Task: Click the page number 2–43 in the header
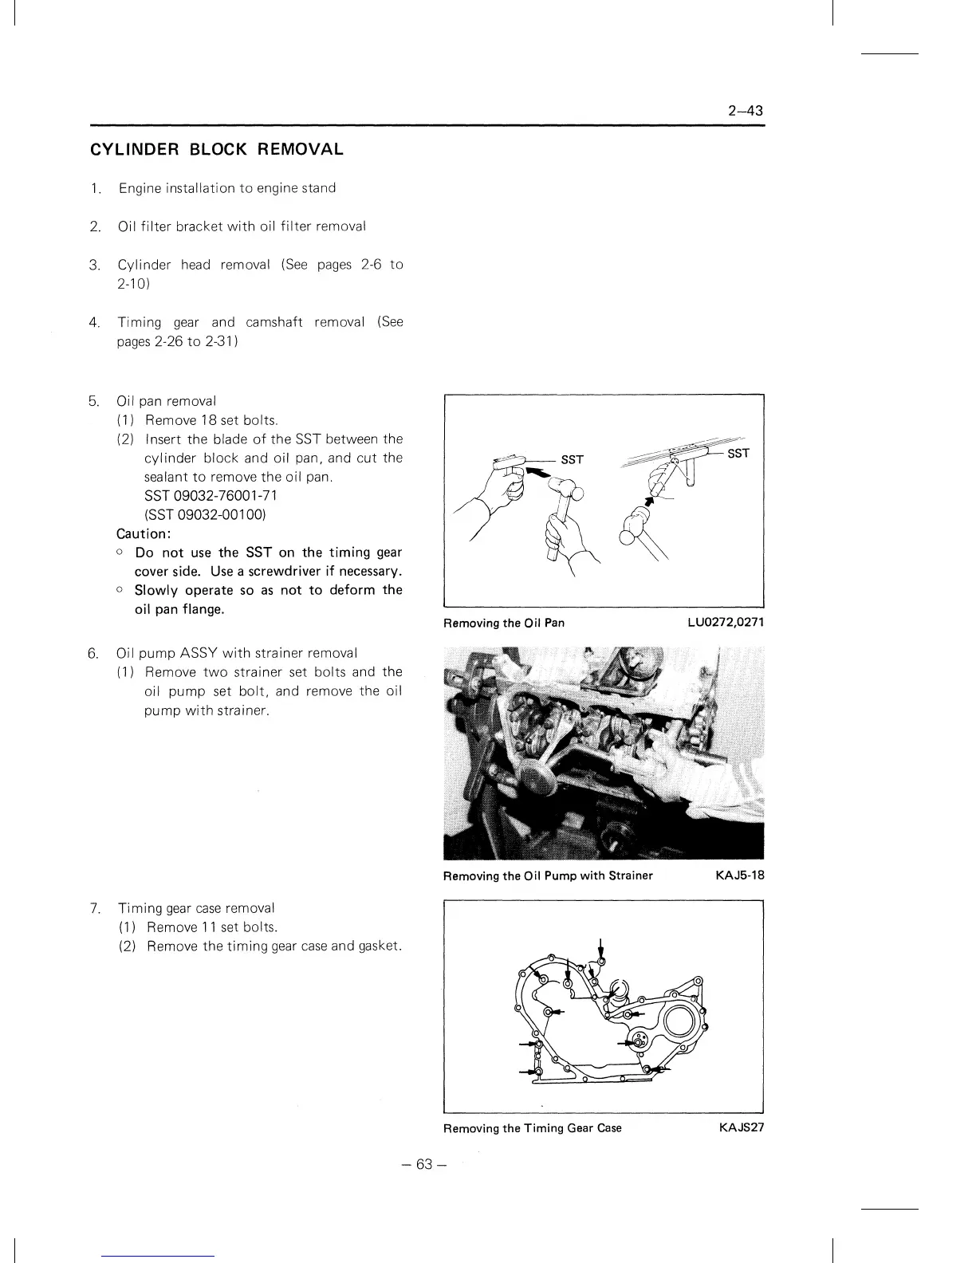(746, 111)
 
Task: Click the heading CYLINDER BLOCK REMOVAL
(217, 149)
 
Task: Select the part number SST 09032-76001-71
(211, 496)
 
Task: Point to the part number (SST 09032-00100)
(204, 515)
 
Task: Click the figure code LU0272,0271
(726, 623)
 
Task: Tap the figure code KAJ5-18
(740, 875)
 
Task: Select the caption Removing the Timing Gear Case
(533, 1128)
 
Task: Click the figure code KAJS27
(742, 1128)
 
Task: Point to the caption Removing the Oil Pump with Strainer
(548, 875)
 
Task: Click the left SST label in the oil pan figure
(572, 460)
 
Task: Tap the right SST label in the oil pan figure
(738, 453)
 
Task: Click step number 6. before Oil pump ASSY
(93, 654)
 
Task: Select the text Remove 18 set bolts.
(211, 420)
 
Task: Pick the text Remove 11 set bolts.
(212, 927)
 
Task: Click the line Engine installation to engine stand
(227, 188)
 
